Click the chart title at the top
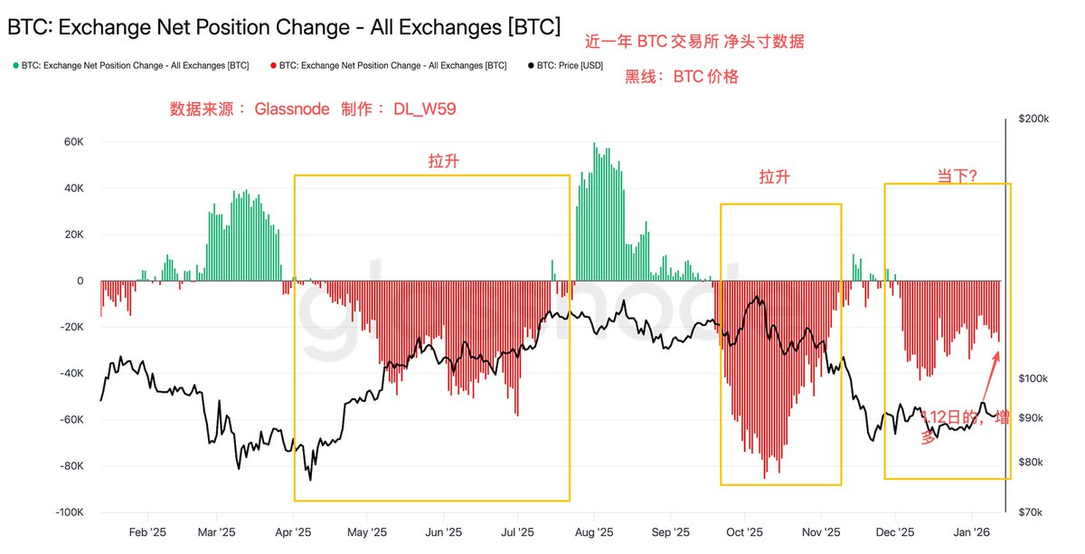(x=283, y=27)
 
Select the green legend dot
(x=15, y=66)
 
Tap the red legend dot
(x=272, y=66)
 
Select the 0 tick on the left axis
(x=80, y=281)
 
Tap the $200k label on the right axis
(x=1033, y=119)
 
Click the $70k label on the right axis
(x=1032, y=512)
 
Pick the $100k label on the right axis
(x=1033, y=377)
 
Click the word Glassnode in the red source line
(x=291, y=110)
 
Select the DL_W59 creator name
(x=424, y=110)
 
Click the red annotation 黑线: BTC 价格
(x=682, y=77)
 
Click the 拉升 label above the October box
(x=774, y=177)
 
